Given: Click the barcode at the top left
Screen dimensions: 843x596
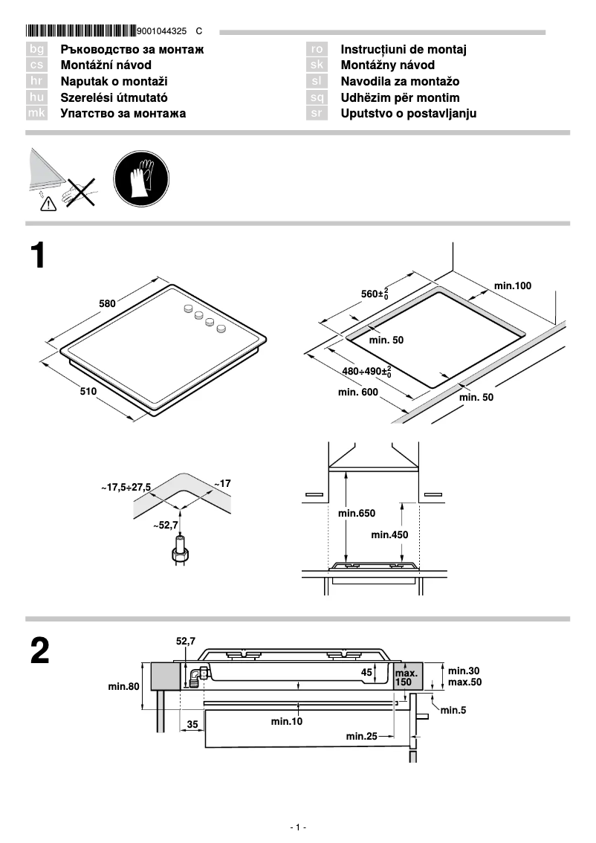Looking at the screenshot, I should pyautogui.click(x=80, y=31).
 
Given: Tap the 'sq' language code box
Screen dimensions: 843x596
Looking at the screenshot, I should pyautogui.click(x=317, y=97).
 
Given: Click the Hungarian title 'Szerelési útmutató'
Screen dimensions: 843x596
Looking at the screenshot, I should pyautogui.click(x=114, y=97).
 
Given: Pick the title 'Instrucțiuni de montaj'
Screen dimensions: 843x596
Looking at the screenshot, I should pyautogui.click(x=404, y=50).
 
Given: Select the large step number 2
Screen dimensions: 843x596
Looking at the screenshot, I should pyautogui.click(x=40, y=652).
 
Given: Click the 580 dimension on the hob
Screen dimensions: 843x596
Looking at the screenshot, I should pyautogui.click(x=108, y=303).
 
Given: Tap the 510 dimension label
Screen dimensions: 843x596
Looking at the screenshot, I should pyautogui.click(x=88, y=392).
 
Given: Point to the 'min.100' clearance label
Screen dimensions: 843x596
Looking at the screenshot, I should pyautogui.click(x=513, y=285).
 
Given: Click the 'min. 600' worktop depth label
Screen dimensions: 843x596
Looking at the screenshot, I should pyautogui.click(x=358, y=392).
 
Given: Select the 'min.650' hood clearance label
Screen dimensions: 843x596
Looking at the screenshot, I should pyautogui.click(x=357, y=513).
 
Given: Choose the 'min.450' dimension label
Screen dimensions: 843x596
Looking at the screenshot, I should pyautogui.click(x=389, y=534).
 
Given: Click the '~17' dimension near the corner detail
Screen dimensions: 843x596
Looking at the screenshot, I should pyautogui.click(x=222, y=484).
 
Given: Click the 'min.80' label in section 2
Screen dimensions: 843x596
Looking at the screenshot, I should pyautogui.click(x=124, y=687).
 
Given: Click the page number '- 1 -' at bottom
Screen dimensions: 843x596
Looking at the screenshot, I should pyautogui.click(x=298, y=827).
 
